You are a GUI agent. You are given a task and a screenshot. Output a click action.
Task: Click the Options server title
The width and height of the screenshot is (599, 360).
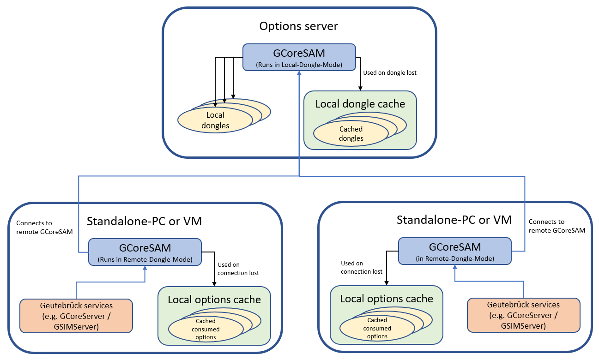(298, 26)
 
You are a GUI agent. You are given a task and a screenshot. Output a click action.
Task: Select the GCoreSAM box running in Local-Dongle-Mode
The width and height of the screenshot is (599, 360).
(299, 57)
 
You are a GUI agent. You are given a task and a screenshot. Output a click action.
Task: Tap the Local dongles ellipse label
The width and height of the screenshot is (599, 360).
(215, 120)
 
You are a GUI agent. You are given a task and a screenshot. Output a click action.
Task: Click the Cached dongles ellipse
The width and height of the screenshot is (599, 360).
(351, 134)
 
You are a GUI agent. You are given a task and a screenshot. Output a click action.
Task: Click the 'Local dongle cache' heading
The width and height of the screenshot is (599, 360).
(360, 104)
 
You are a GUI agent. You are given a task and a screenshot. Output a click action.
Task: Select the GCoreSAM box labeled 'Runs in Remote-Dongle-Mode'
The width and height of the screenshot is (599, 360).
(145, 252)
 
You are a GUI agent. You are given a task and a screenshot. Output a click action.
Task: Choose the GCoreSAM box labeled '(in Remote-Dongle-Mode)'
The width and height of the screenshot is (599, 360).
(455, 251)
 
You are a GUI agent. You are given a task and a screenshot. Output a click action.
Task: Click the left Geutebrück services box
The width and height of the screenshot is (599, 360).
(76, 316)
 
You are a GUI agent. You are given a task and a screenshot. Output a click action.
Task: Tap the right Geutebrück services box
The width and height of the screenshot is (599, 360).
(523, 315)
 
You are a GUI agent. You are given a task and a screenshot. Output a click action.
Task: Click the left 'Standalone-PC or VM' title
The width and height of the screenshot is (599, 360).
(144, 221)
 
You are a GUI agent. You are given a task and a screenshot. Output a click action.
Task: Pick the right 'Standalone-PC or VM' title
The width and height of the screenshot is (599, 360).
(454, 220)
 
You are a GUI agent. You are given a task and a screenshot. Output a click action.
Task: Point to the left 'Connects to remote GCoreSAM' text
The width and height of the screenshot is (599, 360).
(44, 228)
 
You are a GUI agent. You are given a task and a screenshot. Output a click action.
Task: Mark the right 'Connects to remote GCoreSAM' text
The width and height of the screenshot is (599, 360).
(557, 226)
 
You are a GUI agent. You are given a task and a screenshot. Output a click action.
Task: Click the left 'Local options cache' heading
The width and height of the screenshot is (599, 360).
(214, 300)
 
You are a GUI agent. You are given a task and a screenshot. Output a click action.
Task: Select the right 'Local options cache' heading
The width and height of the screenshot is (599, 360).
(387, 299)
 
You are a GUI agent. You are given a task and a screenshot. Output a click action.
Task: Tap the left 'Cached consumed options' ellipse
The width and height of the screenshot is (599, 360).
(206, 329)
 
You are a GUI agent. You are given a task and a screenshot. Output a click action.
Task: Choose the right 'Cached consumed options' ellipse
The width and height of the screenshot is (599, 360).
(377, 328)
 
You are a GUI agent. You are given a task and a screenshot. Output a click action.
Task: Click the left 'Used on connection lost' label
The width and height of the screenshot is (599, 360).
(238, 269)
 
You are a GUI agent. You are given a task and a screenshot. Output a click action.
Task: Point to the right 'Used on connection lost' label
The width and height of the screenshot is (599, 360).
(362, 267)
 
